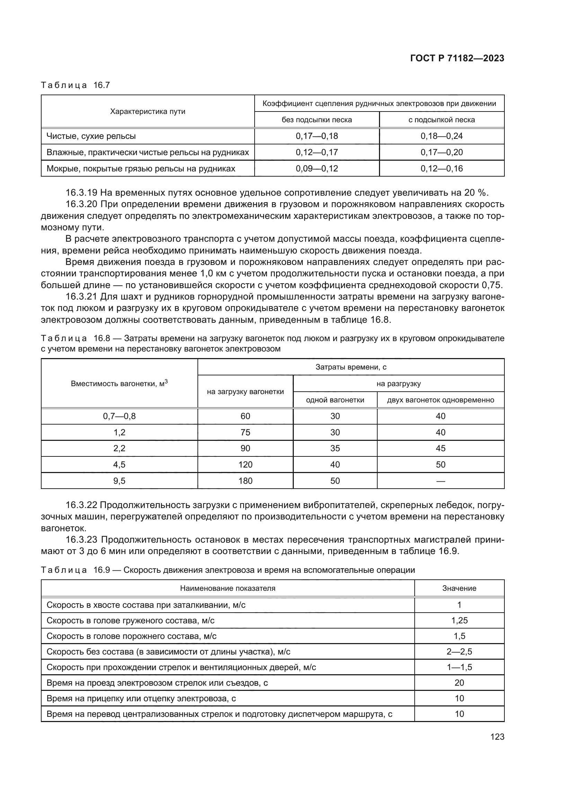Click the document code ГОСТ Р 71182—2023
tap(457, 59)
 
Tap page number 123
tap(497, 737)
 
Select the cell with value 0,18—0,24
tap(441, 136)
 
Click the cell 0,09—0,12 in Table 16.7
tap(317, 169)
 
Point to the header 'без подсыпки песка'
tap(317, 120)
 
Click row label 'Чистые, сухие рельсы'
tap(91, 136)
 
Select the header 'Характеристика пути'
tap(148, 112)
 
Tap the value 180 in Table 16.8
tap(245, 481)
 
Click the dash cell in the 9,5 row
tap(440, 481)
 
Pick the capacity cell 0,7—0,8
tap(119, 416)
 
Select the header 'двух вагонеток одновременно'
tap(440, 400)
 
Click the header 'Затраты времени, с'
tap(351, 367)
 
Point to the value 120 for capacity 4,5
tap(245, 465)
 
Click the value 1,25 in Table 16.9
tap(459, 621)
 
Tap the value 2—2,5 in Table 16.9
tap(459, 652)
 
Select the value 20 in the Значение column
tap(459, 683)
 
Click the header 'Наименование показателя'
tap(228, 588)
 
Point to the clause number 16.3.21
tap(81, 297)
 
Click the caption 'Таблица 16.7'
tap(76, 86)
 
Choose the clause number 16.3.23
tap(81, 540)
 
